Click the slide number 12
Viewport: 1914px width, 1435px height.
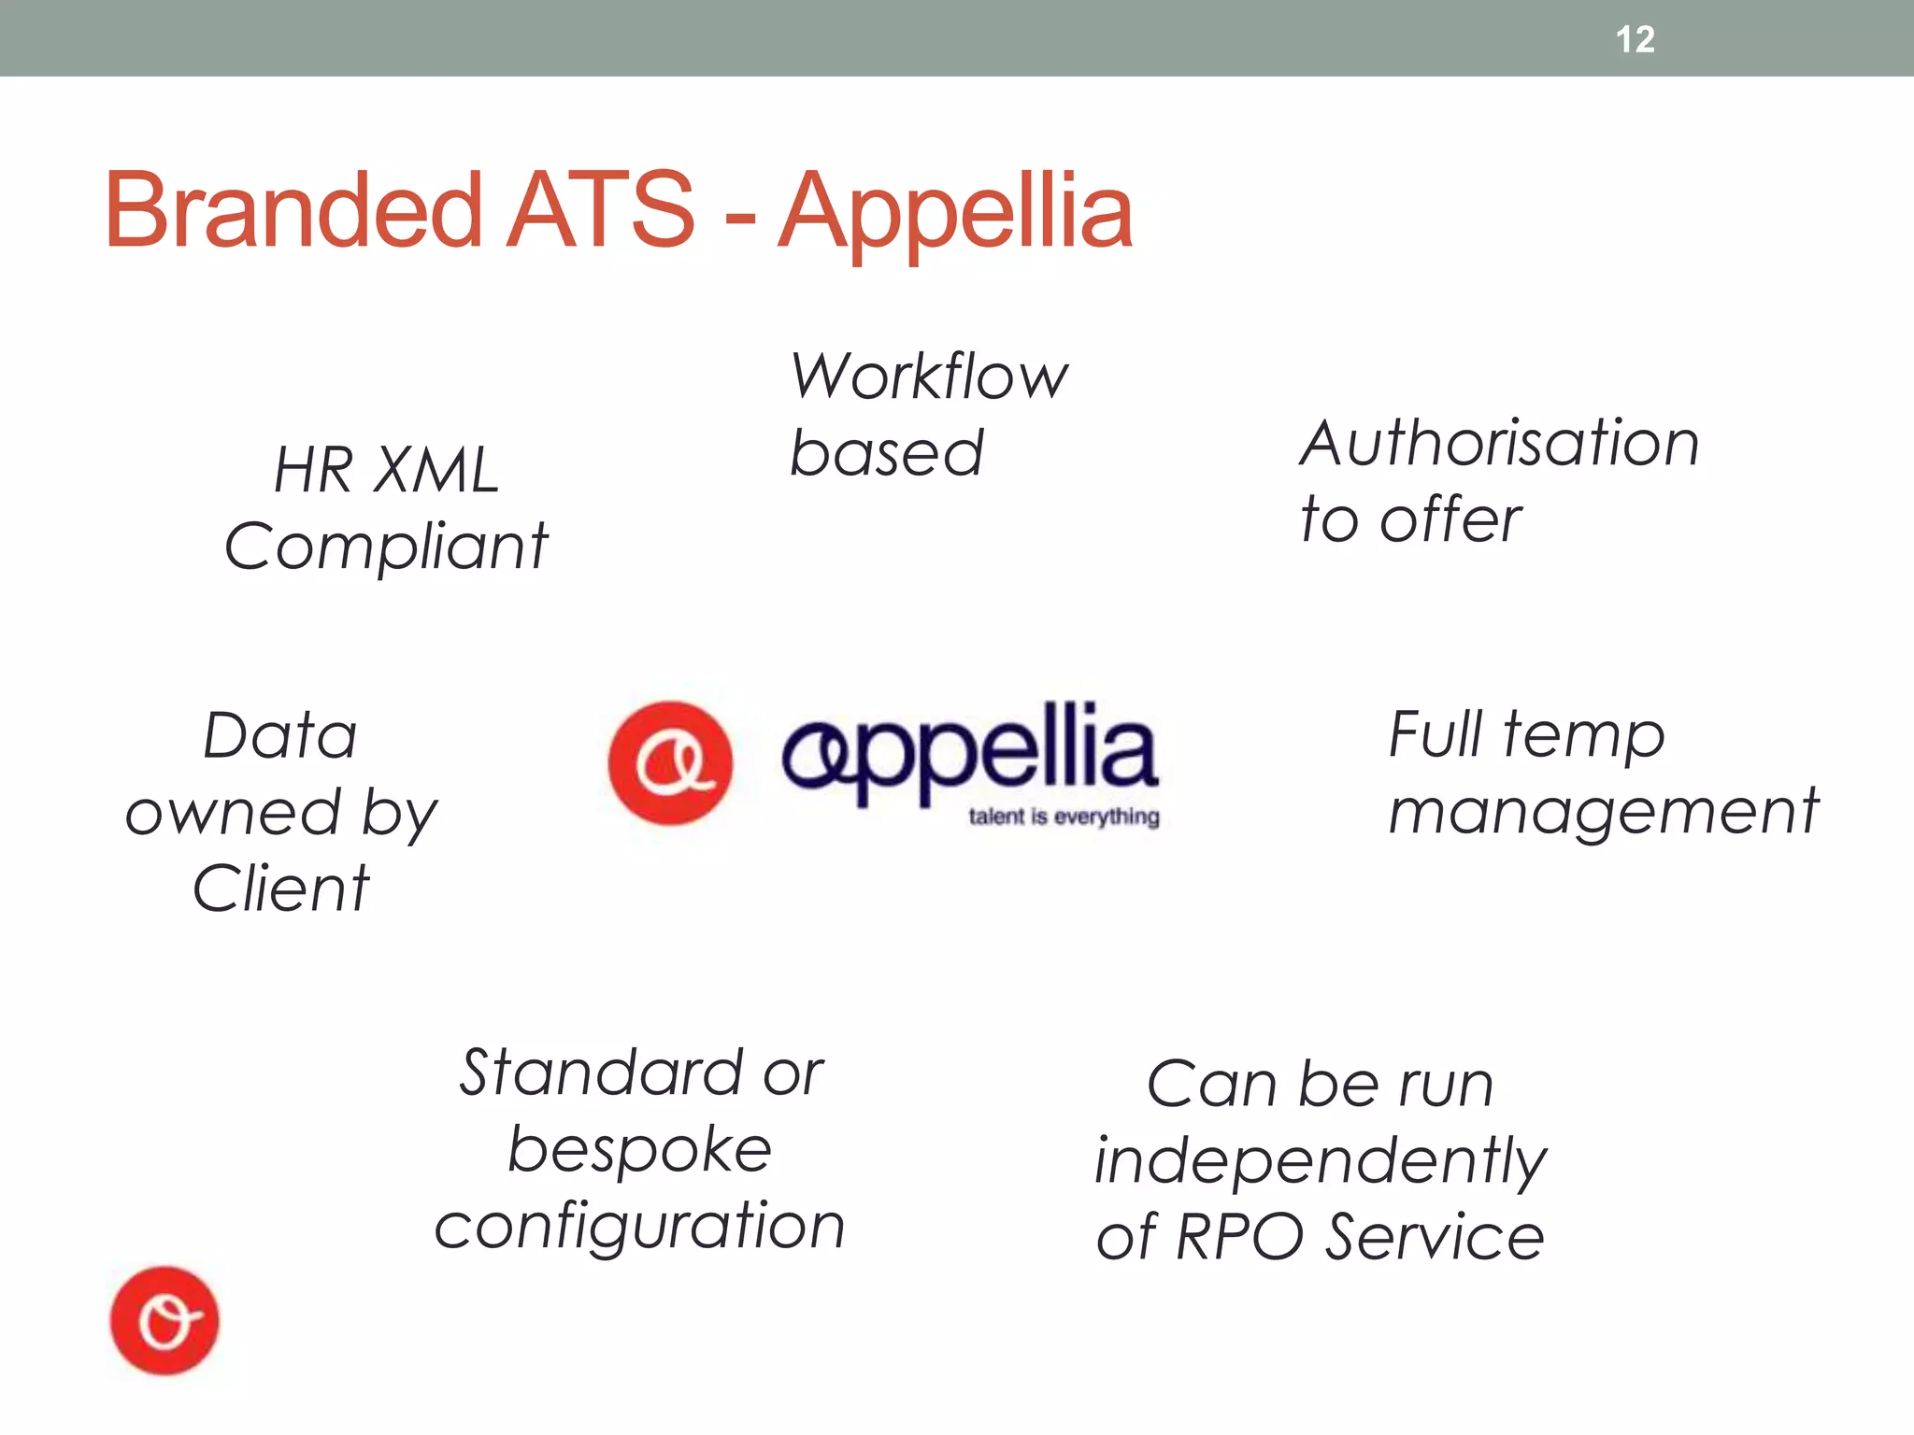[x=1635, y=39]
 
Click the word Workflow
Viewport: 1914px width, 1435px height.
[x=929, y=377]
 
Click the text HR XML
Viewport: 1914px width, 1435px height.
[x=386, y=470]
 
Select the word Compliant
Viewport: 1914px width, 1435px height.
[x=386, y=547]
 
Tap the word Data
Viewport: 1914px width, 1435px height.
[x=280, y=736]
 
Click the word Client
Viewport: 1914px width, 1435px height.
[x=280, y=888]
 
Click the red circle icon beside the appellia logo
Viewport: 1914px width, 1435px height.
[x=670, y=763]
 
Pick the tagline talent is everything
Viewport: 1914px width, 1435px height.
[x=1064, y=817]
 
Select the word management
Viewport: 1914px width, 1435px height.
[x=1603, y=811]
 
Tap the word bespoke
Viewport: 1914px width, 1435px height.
[x=639, y=1149]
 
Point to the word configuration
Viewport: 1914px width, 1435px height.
[x=639, y=1226]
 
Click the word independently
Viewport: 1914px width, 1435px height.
[x=1320, y=1161]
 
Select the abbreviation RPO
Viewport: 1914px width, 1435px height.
[x=1238, y=1237]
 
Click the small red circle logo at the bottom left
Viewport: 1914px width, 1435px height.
[x=164, y=1321]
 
